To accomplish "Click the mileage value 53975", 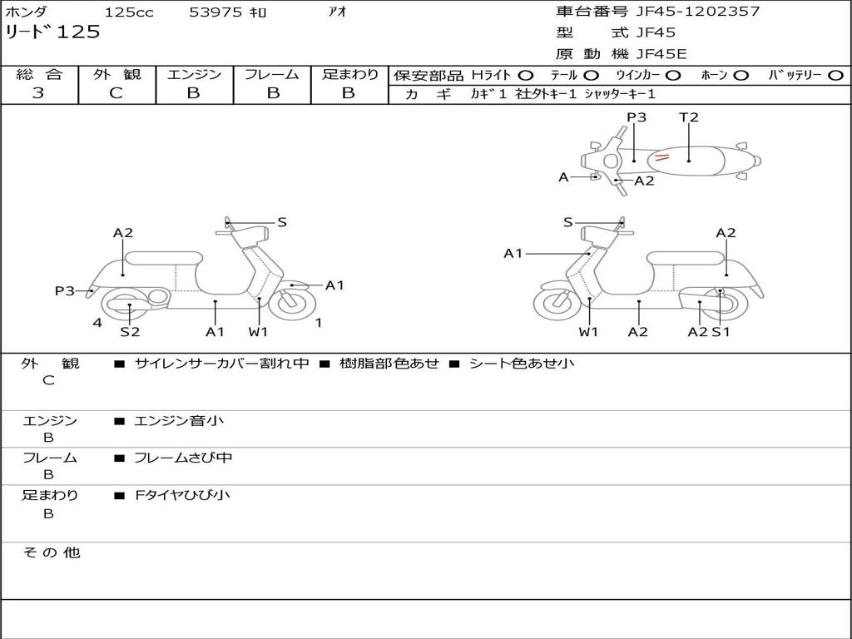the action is [215, 12].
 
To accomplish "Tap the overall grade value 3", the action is [38, 93].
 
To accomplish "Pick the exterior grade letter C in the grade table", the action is [116, 93].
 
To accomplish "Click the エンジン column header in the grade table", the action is [194, 75].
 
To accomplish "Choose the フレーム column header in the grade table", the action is [272, 75].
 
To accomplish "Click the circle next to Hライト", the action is [526, 76].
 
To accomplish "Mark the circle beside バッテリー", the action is [835, 76].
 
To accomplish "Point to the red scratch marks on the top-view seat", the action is [661, 156].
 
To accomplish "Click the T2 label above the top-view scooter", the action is [688, 117].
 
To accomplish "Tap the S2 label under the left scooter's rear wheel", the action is [130, 332].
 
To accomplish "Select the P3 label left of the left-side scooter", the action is [65, 291].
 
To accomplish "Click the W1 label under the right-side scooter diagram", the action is [589, 332].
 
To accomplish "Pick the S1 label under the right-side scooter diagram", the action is [721, 332].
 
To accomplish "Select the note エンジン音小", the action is [179, 421].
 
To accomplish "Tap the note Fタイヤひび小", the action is [182, 496].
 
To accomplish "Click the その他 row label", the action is [51, 552].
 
